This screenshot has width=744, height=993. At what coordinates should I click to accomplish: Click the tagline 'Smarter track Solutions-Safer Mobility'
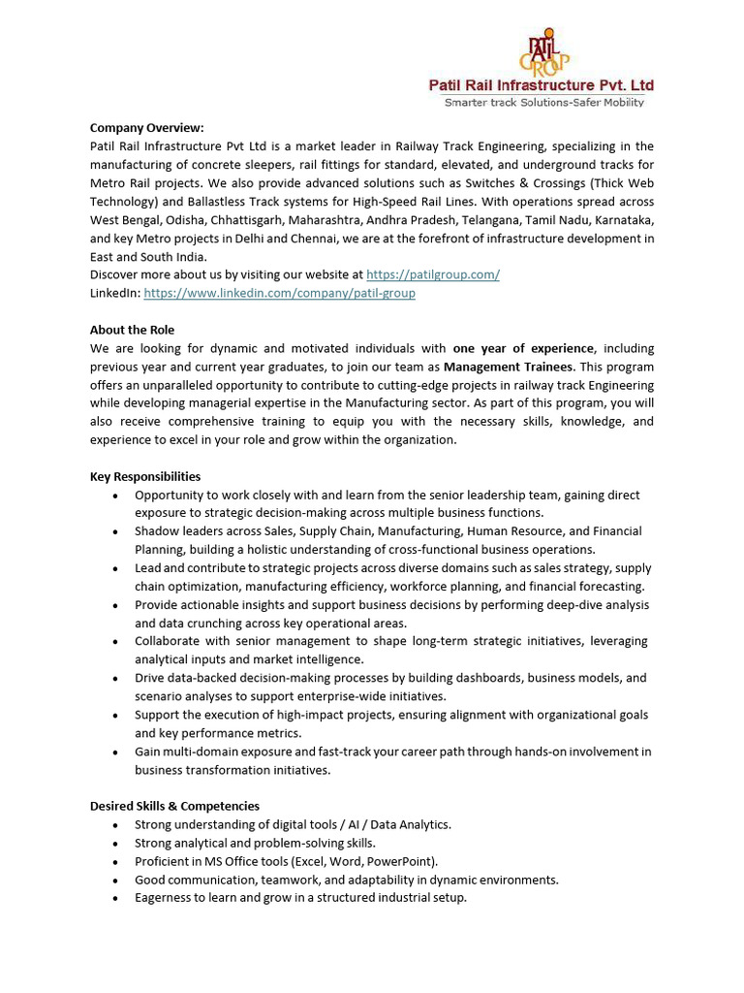click(543, 102)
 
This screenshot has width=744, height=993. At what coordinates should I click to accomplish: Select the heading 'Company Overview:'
click(147, 128)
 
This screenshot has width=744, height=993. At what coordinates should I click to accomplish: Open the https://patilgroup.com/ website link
click(433, 274)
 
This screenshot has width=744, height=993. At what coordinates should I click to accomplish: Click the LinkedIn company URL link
click(279, 293)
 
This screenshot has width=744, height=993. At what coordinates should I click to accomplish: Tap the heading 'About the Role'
click(133, 330)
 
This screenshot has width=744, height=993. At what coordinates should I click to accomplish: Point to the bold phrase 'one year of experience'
click(524, 348)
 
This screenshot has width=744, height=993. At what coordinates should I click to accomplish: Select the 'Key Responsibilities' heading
click(145, 476)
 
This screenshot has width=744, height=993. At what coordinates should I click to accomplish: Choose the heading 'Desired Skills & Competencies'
click(174, 806)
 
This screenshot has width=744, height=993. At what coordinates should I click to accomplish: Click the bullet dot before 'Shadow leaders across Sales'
click(116, 532)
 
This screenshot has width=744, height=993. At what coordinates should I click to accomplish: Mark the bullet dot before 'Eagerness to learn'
click(116, 899)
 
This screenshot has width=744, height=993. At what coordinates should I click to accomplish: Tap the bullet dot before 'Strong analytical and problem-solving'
click(116, 844)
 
